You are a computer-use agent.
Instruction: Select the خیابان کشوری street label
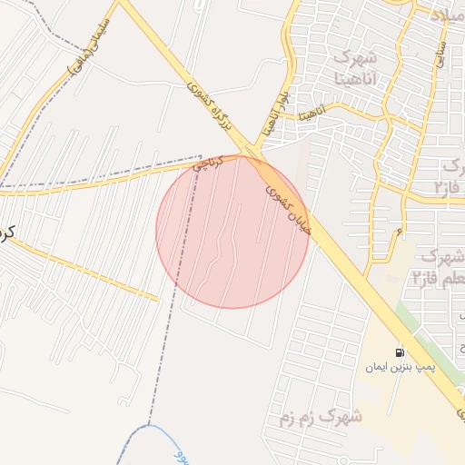click(x=288, y=209)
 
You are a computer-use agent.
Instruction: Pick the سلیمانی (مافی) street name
click(x=90, y=45)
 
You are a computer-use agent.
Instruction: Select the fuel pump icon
click(x=400, y=352)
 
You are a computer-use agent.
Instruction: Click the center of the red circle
click(x=232, y=232)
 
